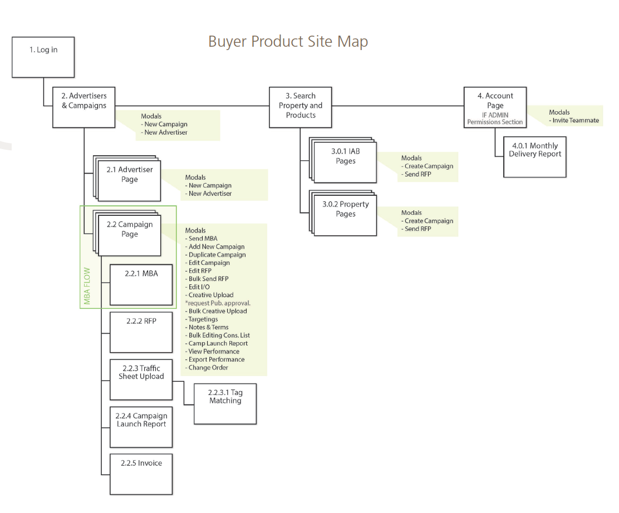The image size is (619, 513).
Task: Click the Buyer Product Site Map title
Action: [288, 42]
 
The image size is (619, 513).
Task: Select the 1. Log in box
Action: [43, 57]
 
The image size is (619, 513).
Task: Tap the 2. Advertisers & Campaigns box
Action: [84, 107]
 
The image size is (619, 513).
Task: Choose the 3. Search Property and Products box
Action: [301, 107]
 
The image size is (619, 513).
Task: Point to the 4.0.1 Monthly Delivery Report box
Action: [535, 157]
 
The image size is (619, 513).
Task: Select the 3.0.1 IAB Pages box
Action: [345, 162]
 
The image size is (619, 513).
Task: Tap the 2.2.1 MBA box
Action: [141, 284]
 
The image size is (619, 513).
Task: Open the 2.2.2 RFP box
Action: [141, 332]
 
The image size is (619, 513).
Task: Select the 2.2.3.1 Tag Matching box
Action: [225, 403]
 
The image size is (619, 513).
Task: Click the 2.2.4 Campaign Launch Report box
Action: [141, 427]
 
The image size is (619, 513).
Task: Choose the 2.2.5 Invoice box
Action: [141, 474]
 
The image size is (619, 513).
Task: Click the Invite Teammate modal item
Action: [576, 121]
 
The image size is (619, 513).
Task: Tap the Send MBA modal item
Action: [203, 239]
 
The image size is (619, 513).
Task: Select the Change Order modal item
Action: [208, 368]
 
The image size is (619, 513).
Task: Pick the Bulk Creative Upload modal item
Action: [218, 311]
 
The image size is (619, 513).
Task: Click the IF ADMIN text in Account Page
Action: [495, 115]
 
